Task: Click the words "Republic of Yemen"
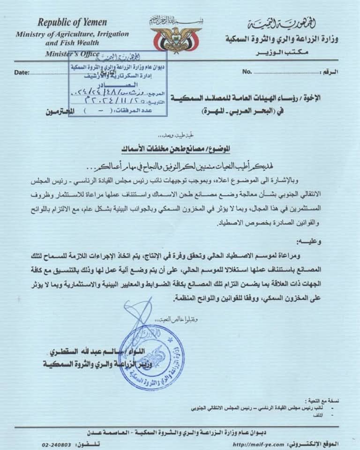[x=72, y=22]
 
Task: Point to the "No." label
[x=247, y=72]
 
